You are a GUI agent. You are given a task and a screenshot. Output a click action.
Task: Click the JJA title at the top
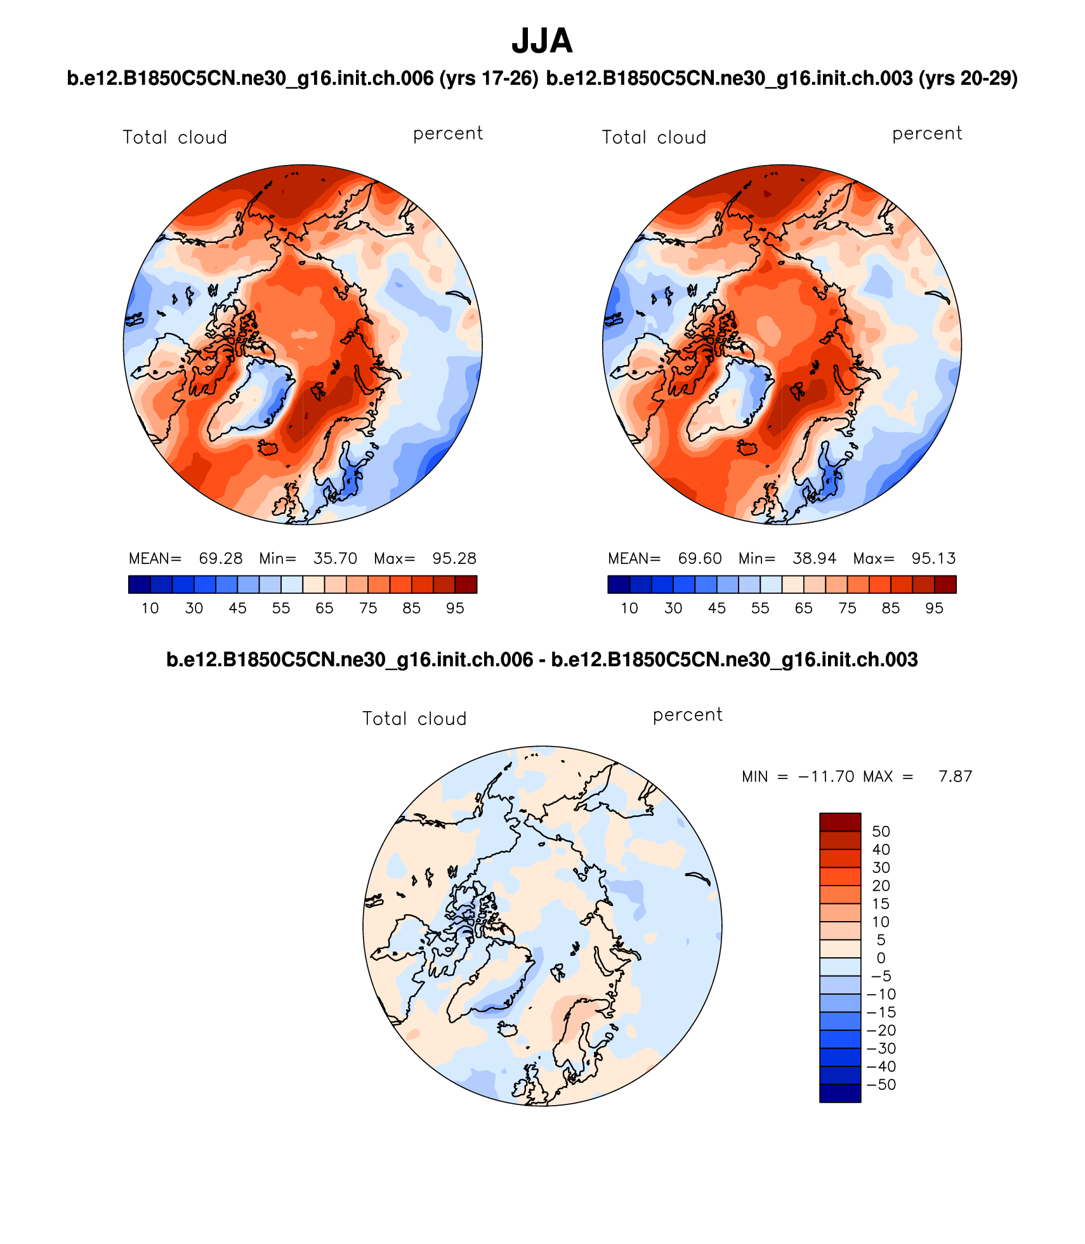pyautogui.click(x=542, y=41)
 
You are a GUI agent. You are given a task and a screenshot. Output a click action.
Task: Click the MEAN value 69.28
pyautogui.click(x=221, y=558)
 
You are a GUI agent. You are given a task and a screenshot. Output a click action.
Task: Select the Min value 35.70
pyautogui.click(x=335, y=558)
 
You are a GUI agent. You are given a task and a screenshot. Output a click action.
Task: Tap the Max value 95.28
pyautogui.click(x=454, y=558)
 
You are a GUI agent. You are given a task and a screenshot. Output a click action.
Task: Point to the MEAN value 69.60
pyautogui.click(x=700, y=558)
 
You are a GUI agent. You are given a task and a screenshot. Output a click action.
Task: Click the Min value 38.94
pyautogui.click(x=814, y=558)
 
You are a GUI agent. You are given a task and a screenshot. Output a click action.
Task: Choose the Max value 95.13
pyautogui.click(x=933, y=558)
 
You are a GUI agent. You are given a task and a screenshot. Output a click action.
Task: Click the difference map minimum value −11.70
pyautogui.click(x=825, y=776)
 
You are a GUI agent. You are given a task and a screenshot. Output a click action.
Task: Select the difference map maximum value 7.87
pyautogui.click(x=955, y=776)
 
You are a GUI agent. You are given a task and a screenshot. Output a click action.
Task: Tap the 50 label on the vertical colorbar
pyautogui.click(x=881, y=832)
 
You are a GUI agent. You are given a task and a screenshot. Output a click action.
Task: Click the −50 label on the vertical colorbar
pyautogui.click(x=881, y=1085)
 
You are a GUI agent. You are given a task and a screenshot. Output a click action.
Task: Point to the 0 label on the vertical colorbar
pyautogui.click(x=881, y=958)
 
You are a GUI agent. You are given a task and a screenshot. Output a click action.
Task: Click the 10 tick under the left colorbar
pyautogui.click(x=150, y=608)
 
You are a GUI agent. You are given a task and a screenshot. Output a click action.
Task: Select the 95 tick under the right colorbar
pyautogui.click(x=934, y=608)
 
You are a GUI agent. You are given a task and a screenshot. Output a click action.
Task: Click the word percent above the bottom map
pyautogui.click(x=687, y=715)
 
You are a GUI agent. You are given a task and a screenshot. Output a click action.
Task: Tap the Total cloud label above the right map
pyautogui.click(x=654, y=138)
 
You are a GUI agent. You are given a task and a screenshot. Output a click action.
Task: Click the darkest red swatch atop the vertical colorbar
pyautogui.click(x=840, y=822)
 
